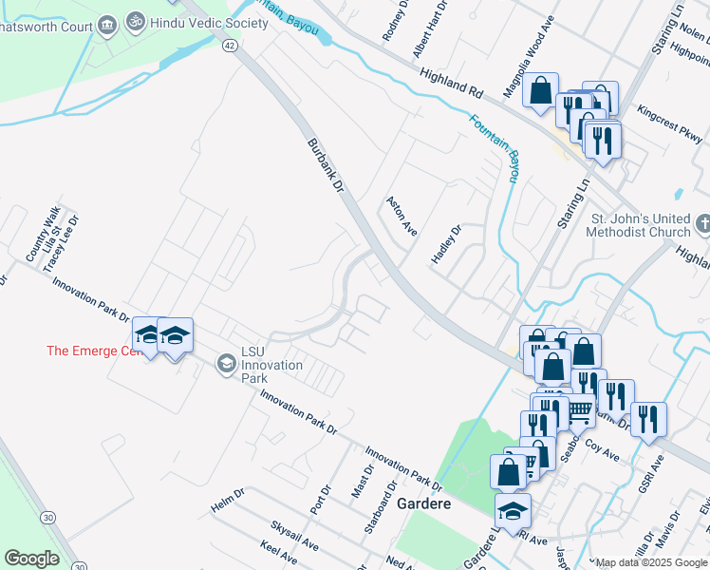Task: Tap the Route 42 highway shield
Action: pyautogui.click(x=231, y=45)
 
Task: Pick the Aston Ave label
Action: pyautogui.click(x=402, y=218)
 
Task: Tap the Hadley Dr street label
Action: pyautogui.click(x=445, y=246)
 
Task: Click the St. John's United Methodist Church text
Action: pyautogui.click(x=641, y=225)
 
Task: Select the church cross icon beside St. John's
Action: pyautogui.click(x=702, y=224)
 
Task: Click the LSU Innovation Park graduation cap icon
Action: pyautogui.click(x=226, y=363)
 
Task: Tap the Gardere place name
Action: pyautogui.click(x=423, y=503)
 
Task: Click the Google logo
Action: pyautogui.click(x=31, y=559)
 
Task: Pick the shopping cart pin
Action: pyautogui.click(x=578, y=409)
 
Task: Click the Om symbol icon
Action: pyautogui.click(x=136, y=20)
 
